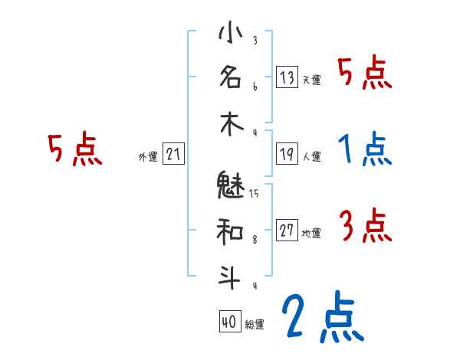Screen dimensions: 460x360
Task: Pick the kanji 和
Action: click(230, 230)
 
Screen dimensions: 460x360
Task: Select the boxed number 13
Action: click(287, 77)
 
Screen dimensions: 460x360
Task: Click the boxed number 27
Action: click(287, 231)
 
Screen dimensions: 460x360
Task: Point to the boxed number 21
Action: click(173, 155)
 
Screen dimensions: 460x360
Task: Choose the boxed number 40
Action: click(228, 322)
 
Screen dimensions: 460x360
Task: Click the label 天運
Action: click(311, 80)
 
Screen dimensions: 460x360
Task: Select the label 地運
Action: click(311, 233)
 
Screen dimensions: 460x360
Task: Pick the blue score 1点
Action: click(364, 149)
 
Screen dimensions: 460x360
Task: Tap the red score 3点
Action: click(364, 225)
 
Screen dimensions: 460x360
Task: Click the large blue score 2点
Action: click(322, 318)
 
